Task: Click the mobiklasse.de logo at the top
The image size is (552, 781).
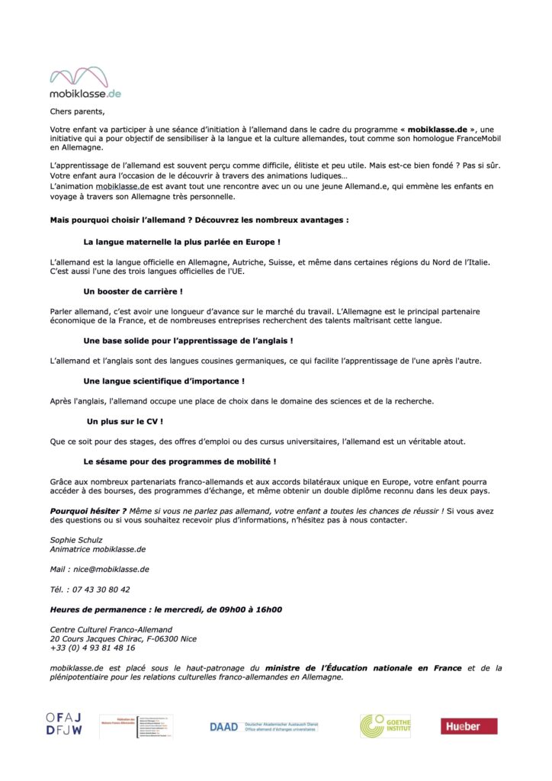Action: point(85,82)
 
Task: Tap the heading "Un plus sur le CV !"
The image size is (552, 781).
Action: point(125,421)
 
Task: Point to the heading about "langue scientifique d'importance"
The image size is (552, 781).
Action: point(164,381)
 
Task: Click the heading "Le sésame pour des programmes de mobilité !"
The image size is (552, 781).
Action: point(179,461)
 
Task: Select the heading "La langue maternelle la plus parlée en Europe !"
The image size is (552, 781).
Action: point(181,242)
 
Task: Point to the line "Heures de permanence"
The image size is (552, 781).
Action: point(165,609)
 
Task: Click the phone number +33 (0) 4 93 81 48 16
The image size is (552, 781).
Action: point(92,648)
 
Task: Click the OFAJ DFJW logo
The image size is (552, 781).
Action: point(64,725)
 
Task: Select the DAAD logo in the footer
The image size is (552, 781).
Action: point(263,727)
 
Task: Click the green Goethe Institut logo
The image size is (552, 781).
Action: point(385,726)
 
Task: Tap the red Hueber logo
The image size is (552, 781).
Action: point(469,726)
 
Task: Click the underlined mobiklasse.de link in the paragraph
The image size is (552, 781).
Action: point(122,186)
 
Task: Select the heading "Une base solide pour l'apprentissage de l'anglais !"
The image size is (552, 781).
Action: point(188,340)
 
